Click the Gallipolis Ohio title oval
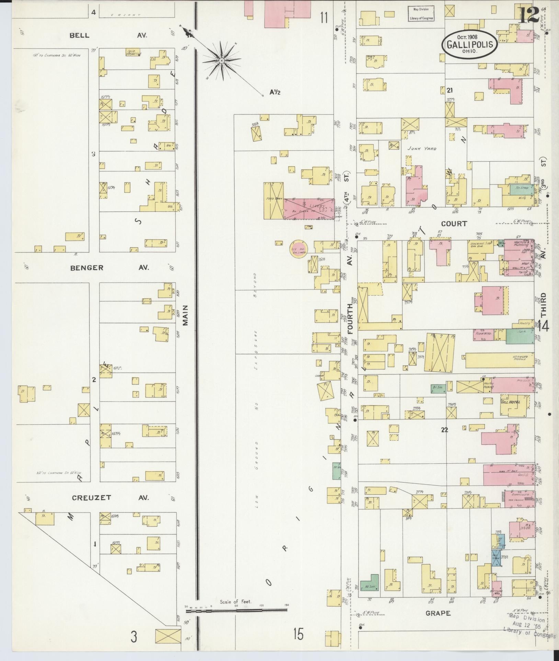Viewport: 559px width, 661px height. point(469,44)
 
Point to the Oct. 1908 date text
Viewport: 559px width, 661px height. point(469,36)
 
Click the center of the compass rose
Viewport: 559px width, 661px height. point(221,61)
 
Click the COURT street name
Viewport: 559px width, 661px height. point(454,224)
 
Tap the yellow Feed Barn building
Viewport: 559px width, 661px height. point(273,201)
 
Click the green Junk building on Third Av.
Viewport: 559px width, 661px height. point(520,336)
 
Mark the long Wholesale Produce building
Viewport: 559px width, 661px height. point(500,360)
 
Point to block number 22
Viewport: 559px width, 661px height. point(444,429)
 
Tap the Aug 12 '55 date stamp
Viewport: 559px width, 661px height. point(524,625)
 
